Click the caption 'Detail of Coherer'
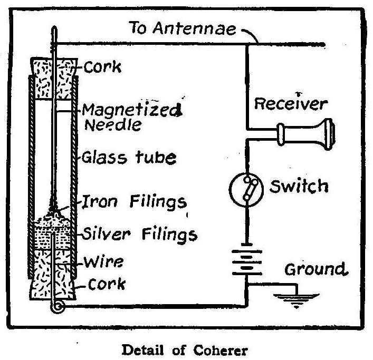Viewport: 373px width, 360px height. tap(186, 349)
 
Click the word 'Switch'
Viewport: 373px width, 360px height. tap(299, 186)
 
